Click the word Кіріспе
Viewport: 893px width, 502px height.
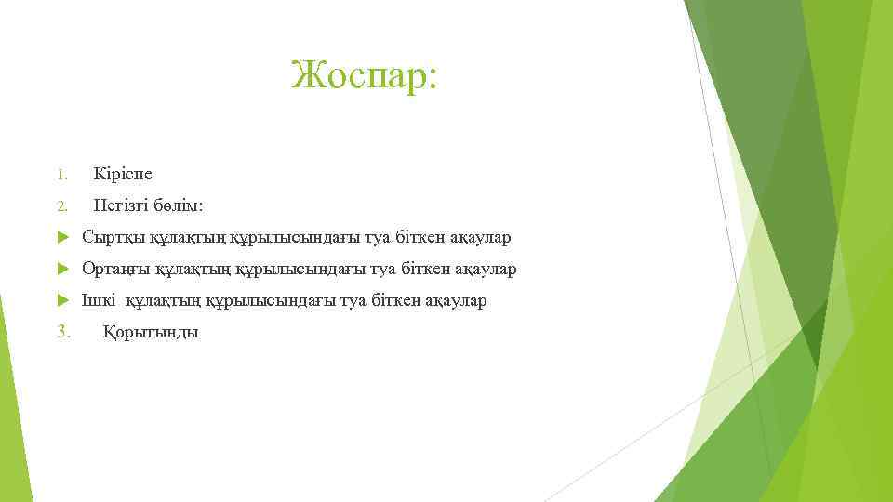point(123,175)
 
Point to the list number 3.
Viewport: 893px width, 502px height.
point(63,332)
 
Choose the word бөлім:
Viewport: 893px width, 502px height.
point(181,206)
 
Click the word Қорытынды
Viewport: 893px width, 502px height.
point(150,332)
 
